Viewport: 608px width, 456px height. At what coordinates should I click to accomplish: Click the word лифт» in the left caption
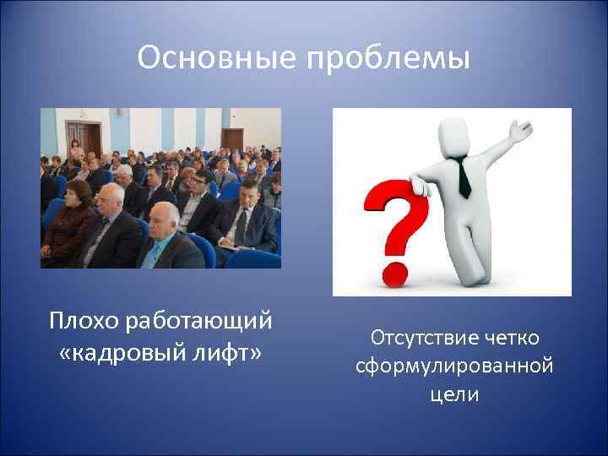click(230, 350)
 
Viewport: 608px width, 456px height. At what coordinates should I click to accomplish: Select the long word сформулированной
click(454, 366)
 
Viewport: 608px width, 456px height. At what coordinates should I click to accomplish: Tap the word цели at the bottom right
click(454, 394)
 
